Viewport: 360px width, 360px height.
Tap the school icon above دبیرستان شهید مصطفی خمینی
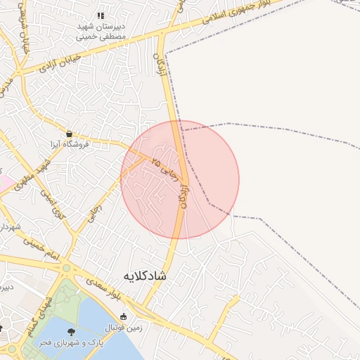click(101, 15)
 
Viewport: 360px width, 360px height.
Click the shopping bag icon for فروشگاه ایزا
click(69, 133)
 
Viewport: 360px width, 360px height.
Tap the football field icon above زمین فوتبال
click(124, 316)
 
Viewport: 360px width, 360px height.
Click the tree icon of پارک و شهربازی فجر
click(70, 331)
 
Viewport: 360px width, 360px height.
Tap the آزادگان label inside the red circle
click(184, 196)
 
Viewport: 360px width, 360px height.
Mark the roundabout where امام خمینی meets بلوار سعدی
click(66, 268)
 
